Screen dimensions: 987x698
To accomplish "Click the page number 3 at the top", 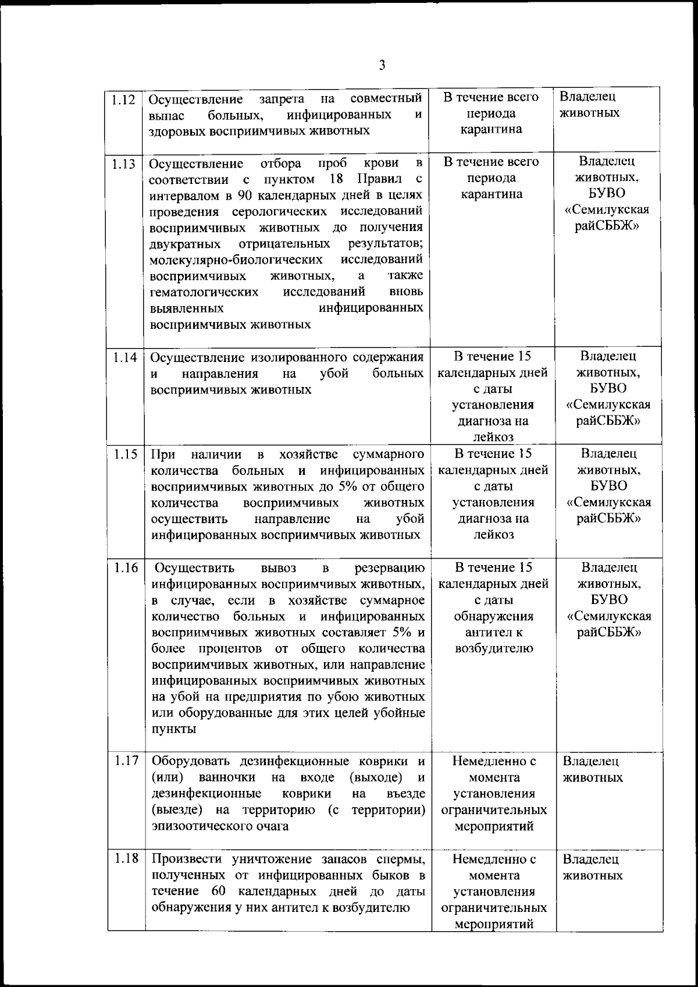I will (x=382, y=65).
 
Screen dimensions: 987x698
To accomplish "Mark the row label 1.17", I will (x=126, y=761).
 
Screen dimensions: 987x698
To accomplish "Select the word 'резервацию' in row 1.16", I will (x=389, y=568).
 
